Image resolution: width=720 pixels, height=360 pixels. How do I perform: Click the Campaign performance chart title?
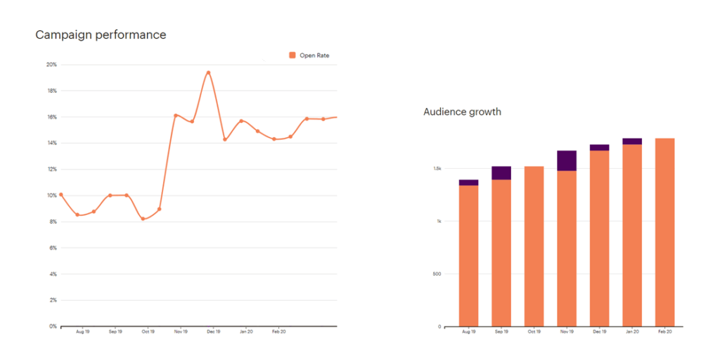click(101, 34)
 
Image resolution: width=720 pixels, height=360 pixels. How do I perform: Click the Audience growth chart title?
click(462, 112)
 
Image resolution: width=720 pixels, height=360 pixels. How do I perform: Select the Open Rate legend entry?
click(309, 56)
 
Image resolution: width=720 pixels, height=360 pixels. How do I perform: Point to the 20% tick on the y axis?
click(51, 65)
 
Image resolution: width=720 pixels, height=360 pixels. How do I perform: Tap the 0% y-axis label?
click(53, 326)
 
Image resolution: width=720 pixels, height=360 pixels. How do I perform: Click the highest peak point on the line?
click(208, 72)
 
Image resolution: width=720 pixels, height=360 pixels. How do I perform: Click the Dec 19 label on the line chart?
click(212, 331)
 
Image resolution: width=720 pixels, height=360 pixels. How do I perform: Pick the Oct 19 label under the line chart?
click(148, 331)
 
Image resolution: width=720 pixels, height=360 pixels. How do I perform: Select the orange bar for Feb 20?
click(664, 232)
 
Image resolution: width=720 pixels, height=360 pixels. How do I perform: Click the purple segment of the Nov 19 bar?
click(567, 160)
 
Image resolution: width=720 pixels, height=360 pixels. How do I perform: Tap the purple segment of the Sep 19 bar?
click(501, 173)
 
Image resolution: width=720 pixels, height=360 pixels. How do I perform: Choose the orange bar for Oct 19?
click(534, 246)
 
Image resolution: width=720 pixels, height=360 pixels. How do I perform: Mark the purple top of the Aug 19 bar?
click(468, 182)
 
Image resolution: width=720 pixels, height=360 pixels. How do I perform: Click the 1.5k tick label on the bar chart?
click(437, 169)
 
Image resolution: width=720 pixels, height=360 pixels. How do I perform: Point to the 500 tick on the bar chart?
click(437, 274)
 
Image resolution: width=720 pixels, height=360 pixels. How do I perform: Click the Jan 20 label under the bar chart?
click(631, 331)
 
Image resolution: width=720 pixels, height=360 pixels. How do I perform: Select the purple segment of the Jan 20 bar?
click(632, 141)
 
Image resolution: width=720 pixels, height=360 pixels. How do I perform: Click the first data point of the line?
click(61, 194)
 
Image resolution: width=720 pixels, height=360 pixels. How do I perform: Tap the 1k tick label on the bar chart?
click(438, 221)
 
